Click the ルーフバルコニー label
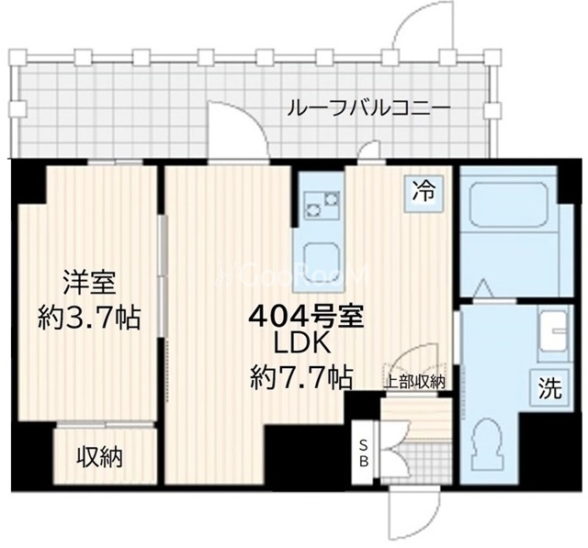(x=368, y=108)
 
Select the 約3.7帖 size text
(x=89, y=318)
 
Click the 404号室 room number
(x=309, y=317)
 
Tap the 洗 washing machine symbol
(x=548, y=387)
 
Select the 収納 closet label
(x=99, y=456)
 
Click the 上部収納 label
(x=415, y=382)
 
